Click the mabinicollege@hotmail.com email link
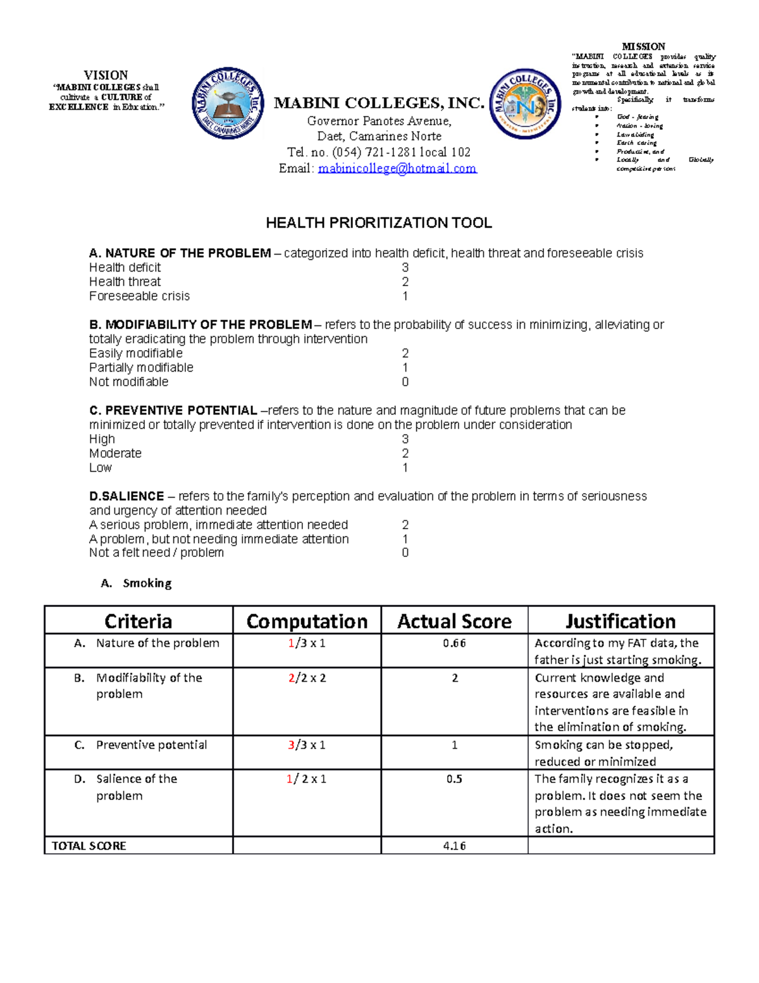pos(397,168)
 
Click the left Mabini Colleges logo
pos(228,103)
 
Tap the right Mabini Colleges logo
pos(525,104)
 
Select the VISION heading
pos(106,75)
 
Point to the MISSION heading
pos(643,46)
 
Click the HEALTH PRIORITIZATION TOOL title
pos(378,223)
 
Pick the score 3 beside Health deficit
pos(405,268)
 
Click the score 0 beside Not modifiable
pos(405,382)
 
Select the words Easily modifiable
pos(136,353)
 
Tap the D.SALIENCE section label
pos(126,496)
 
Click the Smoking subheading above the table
pos(147,583)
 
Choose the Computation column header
pos(307,621)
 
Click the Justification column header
pos(620,621)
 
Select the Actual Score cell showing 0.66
pos(454,643)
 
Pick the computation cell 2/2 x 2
pos(307,678)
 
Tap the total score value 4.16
pos(454,846)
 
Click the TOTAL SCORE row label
pos(89,846)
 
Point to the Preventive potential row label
pos(151,745)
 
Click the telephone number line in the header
pos(378,152)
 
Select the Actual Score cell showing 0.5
pos(454,779)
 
